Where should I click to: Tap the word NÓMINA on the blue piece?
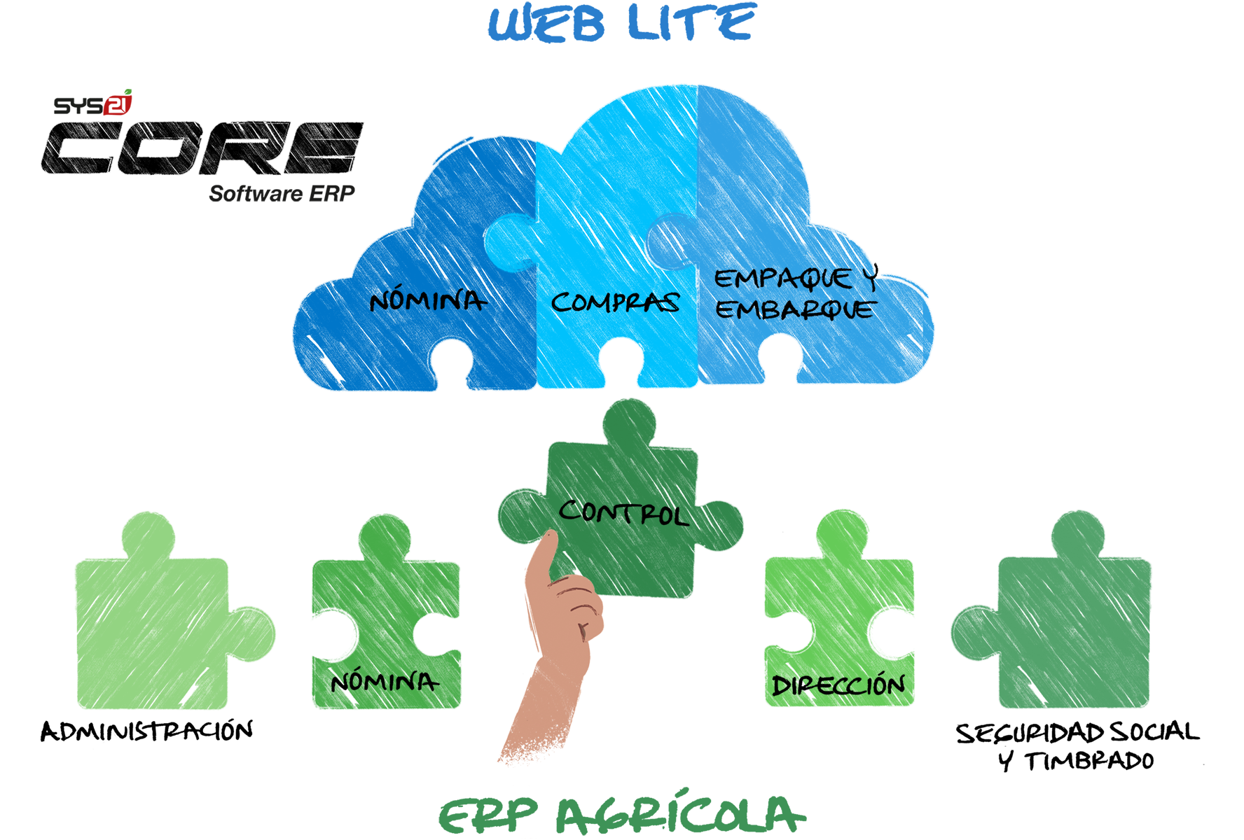tap(427, 301)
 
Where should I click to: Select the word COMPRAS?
tap(615, 302)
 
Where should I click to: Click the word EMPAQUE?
tap(783, 279)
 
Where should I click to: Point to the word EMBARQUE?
tap(795, 309)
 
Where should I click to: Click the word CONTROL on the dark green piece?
tap(623, 512)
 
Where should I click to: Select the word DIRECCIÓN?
tap(838, 685)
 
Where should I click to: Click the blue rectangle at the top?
tap(622, 22)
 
